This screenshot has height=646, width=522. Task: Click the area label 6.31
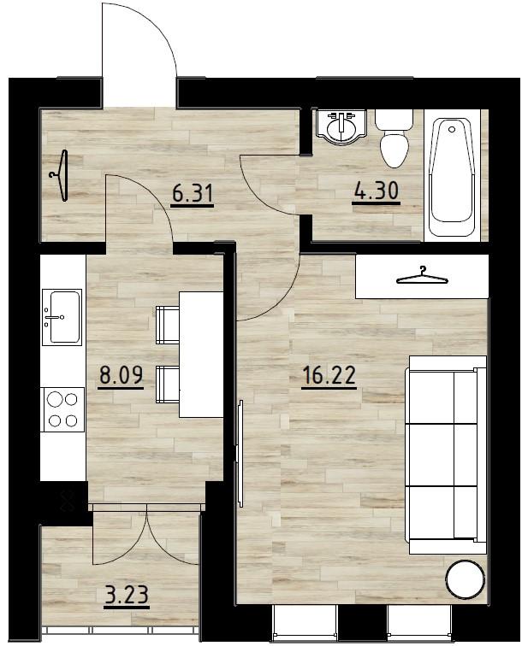(x=192, y=193)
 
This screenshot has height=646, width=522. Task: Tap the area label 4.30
(x=377, y=191)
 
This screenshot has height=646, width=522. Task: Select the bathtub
(x=452, y=177)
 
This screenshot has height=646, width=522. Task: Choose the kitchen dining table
(x=201, y=354)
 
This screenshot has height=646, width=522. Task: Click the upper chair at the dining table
(x=166, y=325)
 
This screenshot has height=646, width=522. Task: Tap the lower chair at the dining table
(x=166, y=381)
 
